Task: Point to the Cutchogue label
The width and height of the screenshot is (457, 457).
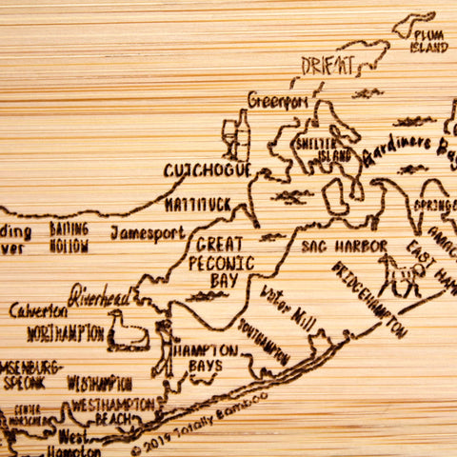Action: pyautogui.click(x=207, y=170)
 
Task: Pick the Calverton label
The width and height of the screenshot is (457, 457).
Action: pyautogui.click(x=39, y=310)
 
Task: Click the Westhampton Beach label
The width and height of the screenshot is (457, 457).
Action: pyautogui.click(x=111, y=410)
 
